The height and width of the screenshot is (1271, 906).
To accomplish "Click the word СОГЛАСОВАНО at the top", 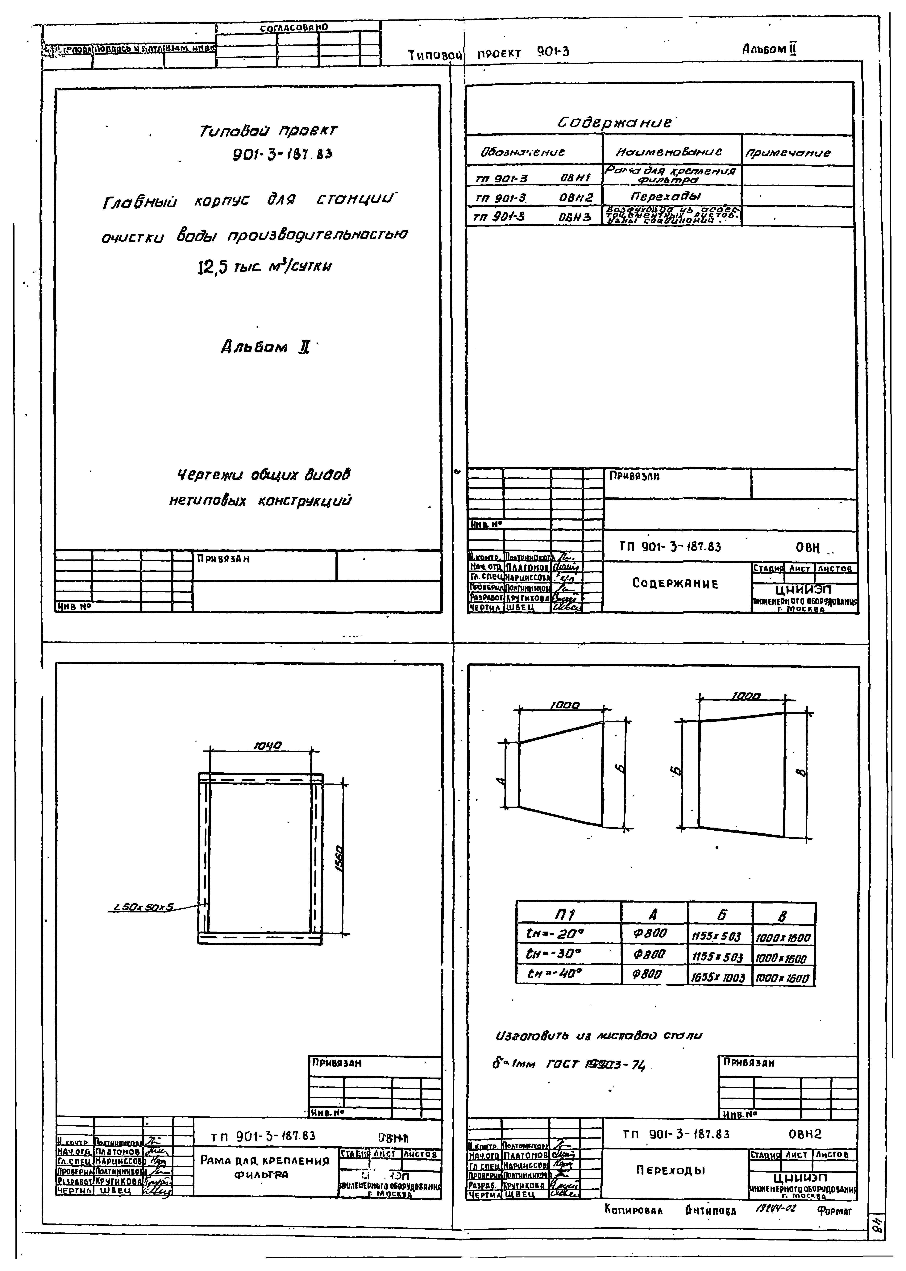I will (x=294, y=27).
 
